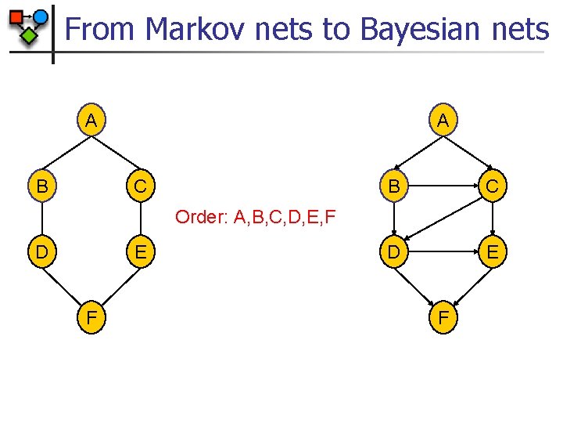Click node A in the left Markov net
(91, 121)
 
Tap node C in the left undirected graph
(138, 187)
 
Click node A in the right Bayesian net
(443, 121)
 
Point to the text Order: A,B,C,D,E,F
(256, 216)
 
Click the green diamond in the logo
(29, 35)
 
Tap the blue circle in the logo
(41, 16)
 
